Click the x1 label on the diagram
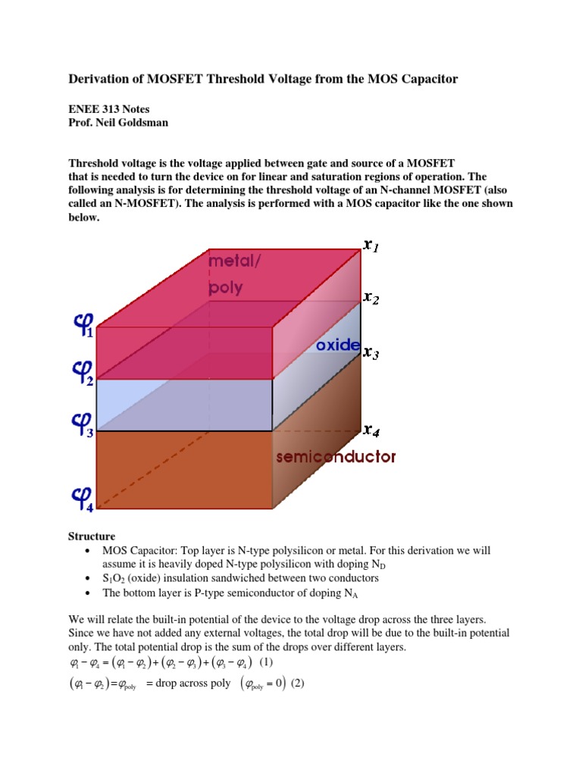pos(371,246)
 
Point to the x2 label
pos(371,298)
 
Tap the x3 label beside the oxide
pos(371,353)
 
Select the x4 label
pos(371,431)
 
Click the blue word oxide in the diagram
pos(338,345)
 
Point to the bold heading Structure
pos(92,537)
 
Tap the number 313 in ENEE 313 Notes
pos(113,109)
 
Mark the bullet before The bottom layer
pos(89,593)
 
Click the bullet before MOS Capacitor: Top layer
pos(89,550)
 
